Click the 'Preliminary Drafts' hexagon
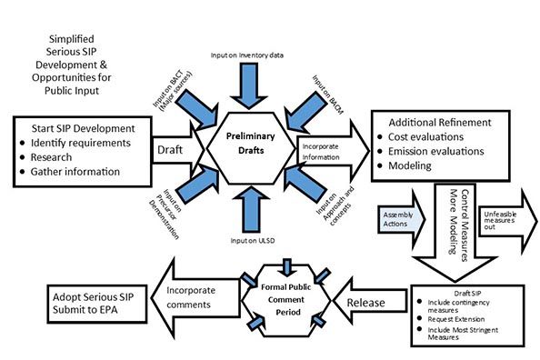tap(244, 144)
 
